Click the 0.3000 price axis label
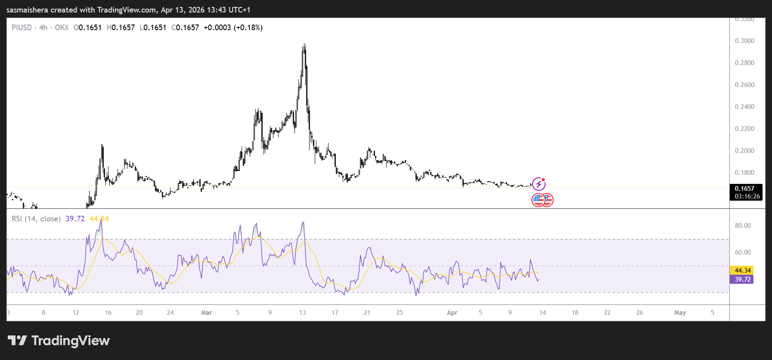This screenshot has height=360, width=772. [x=744, y=41]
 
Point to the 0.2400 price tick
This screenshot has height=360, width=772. [x=744, y=107]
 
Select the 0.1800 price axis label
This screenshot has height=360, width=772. [x=744, y=173]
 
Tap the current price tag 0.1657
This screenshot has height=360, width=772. [x=744, y=189]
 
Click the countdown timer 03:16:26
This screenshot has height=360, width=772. [x=747, y=196]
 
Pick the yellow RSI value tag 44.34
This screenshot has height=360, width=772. [x=742, y=270]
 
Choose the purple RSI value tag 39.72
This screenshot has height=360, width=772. [x=742, y=279]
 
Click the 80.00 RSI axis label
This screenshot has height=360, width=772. [x=743, y=226]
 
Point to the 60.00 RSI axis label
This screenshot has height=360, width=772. [x=743, y=252]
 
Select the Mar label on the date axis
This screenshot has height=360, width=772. [x=207, y=313]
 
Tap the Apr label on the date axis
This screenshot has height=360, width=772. [x=452, y=313]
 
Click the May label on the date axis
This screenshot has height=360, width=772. [x=680, y=313]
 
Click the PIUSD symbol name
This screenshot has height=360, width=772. [x=22, y=28]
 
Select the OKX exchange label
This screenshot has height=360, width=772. [x=62, y=28]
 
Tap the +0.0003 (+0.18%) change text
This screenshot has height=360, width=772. [x=233, y=28]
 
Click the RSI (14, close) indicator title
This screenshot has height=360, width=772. [x=36, y=219]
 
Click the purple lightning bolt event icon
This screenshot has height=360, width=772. [x=539, y=184]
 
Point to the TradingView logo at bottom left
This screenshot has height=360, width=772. [x=59, y=341]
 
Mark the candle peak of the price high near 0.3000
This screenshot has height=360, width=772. [x=304, y=44]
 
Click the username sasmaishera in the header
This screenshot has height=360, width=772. [x=27, y=9]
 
